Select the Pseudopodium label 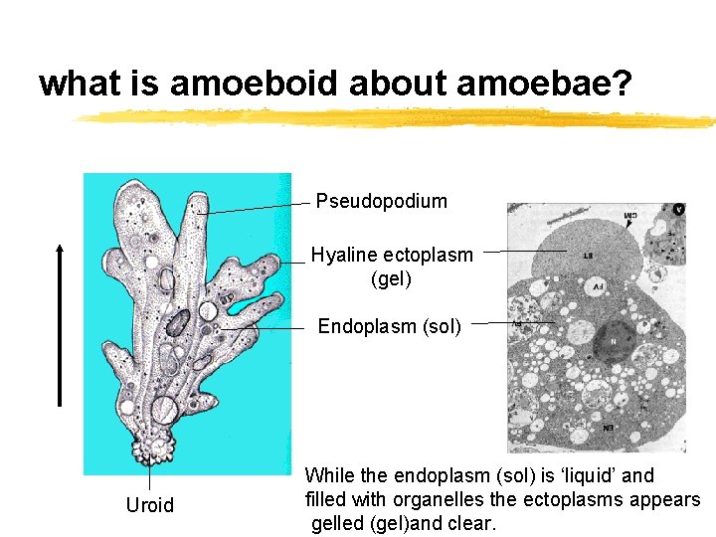click(x=382, y=202)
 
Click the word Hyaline click(x=344, y=255)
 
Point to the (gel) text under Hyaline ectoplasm click(x=391, y=279)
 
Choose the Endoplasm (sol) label click(x=390, y=326)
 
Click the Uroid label click(x=150, y=505)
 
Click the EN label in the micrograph click(x=608, y=428)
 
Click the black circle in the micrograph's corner click(x=678, y=210)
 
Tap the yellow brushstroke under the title click(x=398, y=117)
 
